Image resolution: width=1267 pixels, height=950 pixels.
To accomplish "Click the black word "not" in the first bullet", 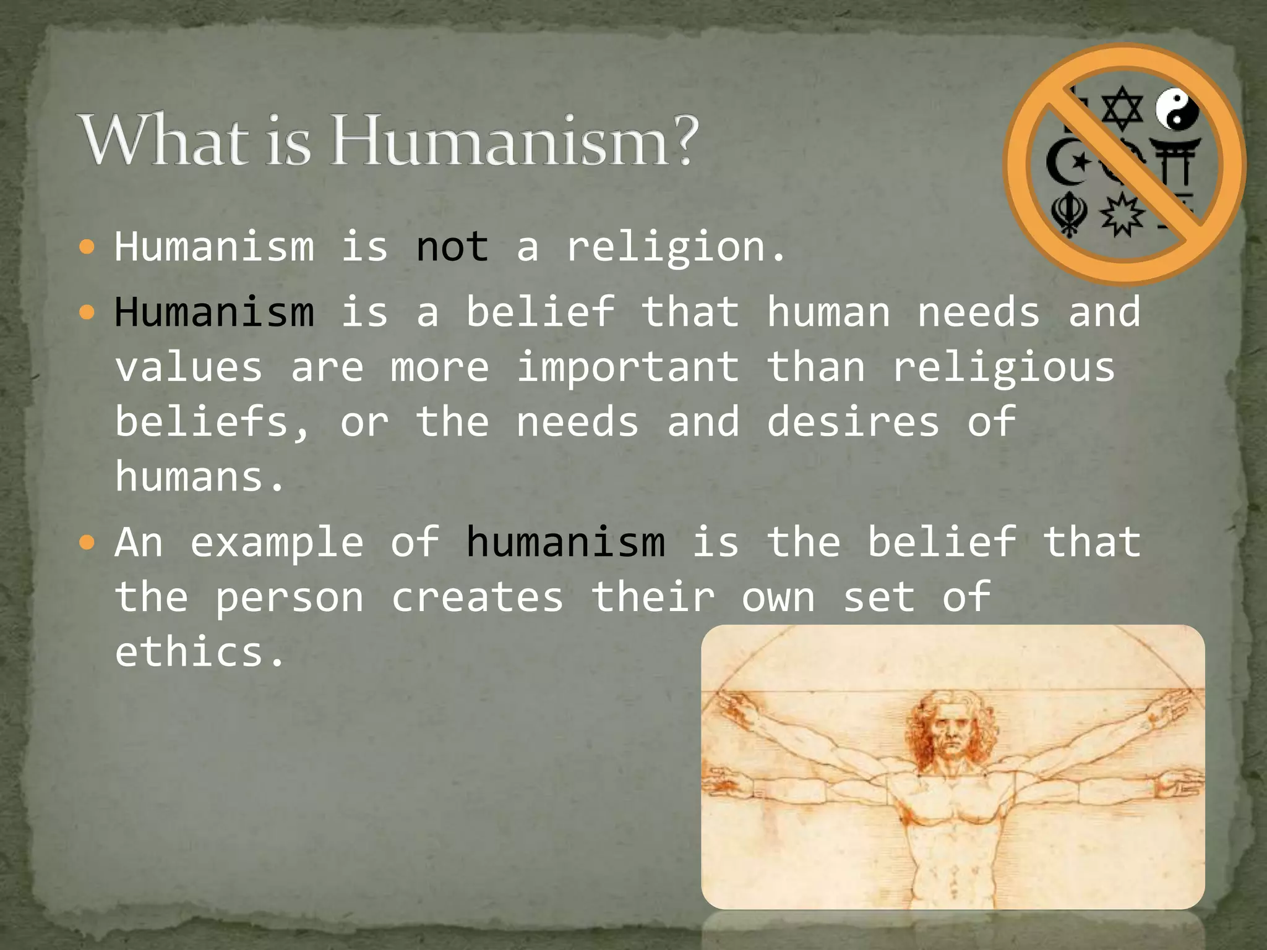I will (x=452, y=247).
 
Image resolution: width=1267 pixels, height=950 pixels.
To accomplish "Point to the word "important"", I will (x=627, y=367).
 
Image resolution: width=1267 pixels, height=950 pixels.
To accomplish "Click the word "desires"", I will (x=853, y=422).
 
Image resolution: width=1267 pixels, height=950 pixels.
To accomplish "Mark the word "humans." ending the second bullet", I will (x=199, y=477).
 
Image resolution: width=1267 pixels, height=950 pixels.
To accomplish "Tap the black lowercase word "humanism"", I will (x=565, y=542).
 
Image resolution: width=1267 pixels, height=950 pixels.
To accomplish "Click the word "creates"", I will (x=477, y=598).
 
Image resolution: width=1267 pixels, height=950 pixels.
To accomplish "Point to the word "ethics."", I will (x=199, y=653).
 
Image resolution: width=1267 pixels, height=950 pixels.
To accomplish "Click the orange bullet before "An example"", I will (x=87, y=544).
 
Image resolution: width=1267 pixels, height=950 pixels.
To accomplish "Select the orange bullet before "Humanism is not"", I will (x=87, y=248).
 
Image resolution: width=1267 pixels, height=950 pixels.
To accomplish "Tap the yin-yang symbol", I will (x=1177, y=109).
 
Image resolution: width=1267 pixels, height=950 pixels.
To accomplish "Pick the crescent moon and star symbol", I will (x=1068, y=162).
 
